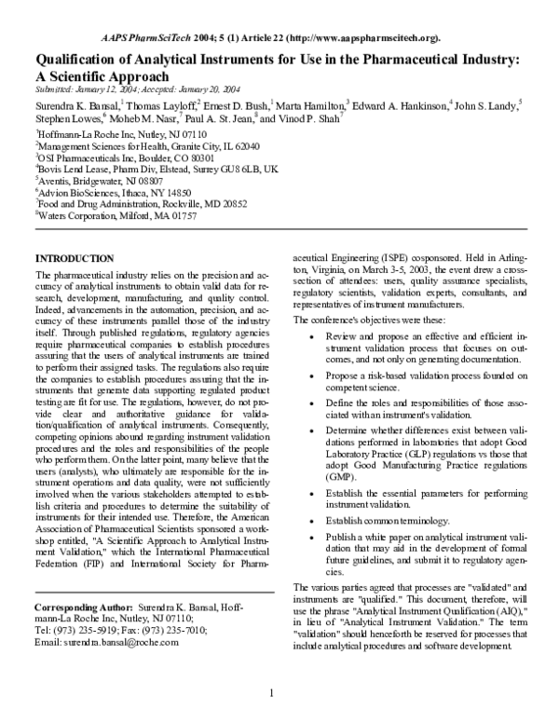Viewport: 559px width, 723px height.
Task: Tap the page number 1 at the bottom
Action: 271,692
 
